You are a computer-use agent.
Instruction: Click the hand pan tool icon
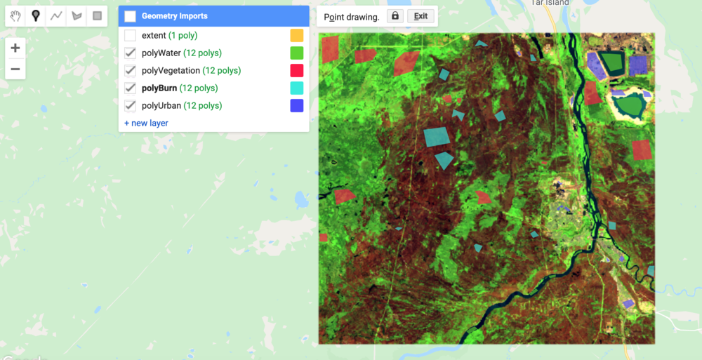click(16, 15)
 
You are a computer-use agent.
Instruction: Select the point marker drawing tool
click(36, 15)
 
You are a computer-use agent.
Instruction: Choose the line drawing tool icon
click(56, 15)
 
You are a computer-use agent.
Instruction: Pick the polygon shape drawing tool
click(77, 15)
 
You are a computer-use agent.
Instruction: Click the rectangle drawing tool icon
click(97, 15)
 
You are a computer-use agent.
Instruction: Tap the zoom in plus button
click(15, 48)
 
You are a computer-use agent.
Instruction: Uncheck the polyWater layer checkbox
click(130, 53)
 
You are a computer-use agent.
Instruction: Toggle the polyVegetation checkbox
click(130, 70)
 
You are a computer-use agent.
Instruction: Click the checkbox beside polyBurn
click(130, 88)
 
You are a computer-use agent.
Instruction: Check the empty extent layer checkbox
click(130, 35)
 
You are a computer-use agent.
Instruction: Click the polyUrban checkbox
click(130, 105)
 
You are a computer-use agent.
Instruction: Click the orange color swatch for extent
click(296, 35)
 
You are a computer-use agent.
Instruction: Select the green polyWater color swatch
click(296, 53)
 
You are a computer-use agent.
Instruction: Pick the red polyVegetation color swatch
click(296, 70)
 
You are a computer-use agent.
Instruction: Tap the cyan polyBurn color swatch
click(296, 88)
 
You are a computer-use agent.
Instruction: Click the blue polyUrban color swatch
click(296, 105)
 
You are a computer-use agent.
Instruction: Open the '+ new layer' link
click(146, 123)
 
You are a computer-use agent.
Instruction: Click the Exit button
click(420, 16)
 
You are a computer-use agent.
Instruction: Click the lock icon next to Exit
click(395, 15)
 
